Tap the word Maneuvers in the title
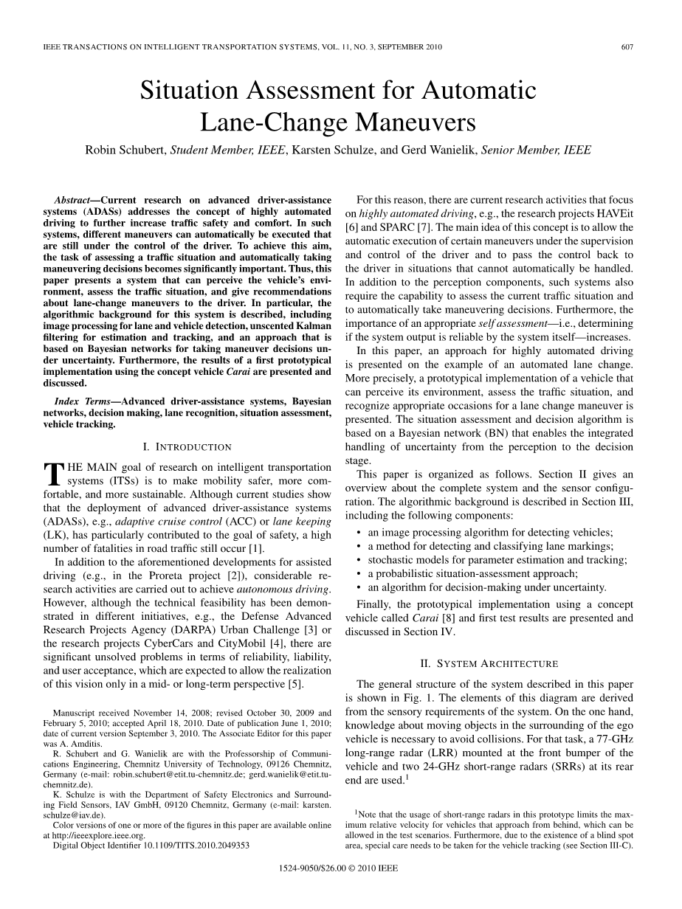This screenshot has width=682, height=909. (414, 122)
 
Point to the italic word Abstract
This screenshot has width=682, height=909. (75, 200)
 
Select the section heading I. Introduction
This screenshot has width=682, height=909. (187, 447)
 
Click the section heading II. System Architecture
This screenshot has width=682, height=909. (489, 663)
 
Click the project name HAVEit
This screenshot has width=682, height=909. (612, 214)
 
